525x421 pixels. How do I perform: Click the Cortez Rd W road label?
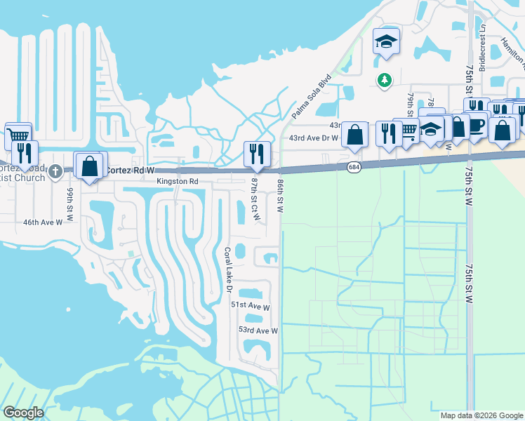coord(130,171)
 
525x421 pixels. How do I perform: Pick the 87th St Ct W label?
coord(255,199)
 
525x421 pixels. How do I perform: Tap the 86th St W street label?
coord(279,196)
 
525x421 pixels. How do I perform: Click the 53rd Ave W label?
coord(258,330)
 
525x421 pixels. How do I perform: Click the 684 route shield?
coord(354,166)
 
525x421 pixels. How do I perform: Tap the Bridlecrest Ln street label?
coord(483,48)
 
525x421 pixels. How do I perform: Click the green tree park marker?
coord(384,80)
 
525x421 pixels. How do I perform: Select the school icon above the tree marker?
coord(386,42)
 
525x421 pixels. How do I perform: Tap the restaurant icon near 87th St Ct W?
coord(257,154)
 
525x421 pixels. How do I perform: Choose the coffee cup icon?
coord(477,125)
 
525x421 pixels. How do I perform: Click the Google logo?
coord(24,413)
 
